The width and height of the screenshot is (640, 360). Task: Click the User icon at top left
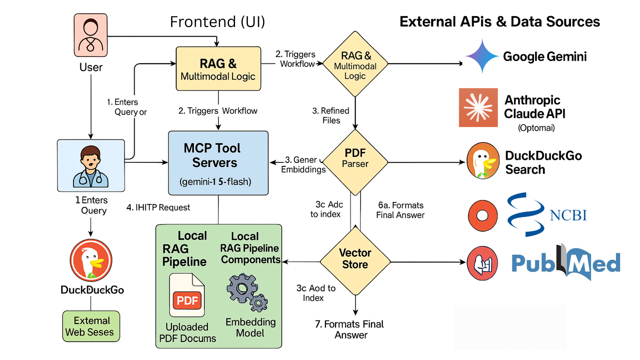point(91,35)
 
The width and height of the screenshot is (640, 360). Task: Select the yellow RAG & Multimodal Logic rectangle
point(218,69)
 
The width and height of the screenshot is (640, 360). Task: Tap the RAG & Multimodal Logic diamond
point(355,64)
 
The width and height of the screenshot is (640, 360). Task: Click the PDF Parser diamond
point(355,162)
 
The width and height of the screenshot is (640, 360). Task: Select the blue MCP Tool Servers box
point(218,163)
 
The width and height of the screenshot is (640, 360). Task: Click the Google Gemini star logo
point(482,56)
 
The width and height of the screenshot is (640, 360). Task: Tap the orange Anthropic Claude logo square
point(478,107)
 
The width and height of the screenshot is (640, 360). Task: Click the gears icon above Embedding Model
point(247,292)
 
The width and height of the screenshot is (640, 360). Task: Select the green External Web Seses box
point(91,326)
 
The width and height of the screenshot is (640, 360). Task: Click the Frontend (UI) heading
point(217,22)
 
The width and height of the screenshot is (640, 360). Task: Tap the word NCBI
point(568,215)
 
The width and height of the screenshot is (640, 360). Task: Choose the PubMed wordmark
point(566,263)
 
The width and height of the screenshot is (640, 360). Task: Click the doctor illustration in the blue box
point(91,166)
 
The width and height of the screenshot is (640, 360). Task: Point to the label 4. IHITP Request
point(158,208)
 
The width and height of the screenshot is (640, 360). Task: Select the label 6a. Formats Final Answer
point(400,210)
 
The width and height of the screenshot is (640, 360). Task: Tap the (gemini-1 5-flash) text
point(215,182)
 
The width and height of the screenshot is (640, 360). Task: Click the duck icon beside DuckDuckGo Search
point(483,161)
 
